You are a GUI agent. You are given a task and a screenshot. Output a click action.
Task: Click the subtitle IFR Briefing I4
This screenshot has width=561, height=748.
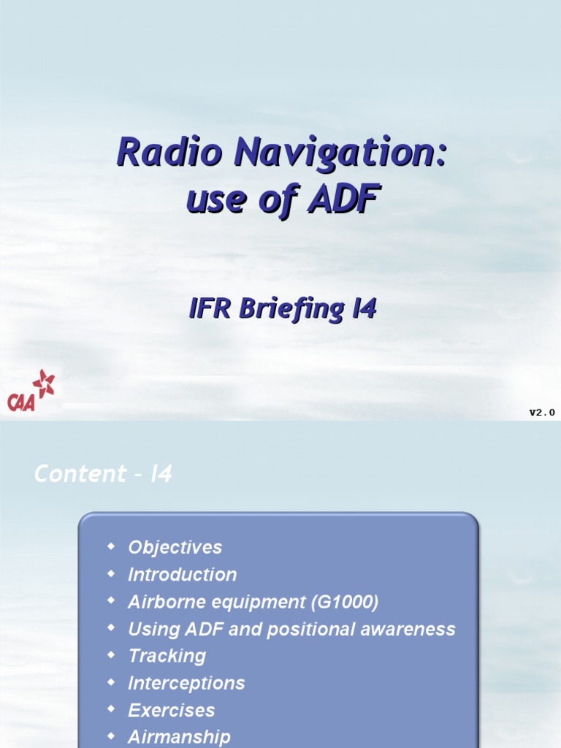click(x=283, y=309)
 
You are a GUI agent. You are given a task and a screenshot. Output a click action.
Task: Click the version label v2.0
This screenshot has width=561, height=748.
click(x=542, y=413)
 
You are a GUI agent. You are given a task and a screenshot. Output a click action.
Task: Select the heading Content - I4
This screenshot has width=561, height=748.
click(x=103, y=474)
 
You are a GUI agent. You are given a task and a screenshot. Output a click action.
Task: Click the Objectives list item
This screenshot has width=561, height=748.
click(x=175, y=547)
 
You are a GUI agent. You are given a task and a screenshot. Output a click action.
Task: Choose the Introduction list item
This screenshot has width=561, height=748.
click(x=182, y=575)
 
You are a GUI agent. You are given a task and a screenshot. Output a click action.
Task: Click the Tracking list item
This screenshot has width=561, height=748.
click(x=167, y=656)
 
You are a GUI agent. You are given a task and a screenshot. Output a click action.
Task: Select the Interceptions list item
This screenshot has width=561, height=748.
click(x=186, y=683)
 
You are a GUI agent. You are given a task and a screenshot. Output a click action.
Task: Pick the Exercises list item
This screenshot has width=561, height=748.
click(x=171, y=710)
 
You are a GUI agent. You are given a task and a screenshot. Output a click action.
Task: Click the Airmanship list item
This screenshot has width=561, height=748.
click(x=179, y=737)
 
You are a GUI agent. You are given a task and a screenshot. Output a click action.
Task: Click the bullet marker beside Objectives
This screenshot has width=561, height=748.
click(x=111, y=546)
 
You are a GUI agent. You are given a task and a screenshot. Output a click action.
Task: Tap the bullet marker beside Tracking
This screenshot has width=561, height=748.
click(x=111, y=654)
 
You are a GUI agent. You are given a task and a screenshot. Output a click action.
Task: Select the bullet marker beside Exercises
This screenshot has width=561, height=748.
click(x=111, y=709)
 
